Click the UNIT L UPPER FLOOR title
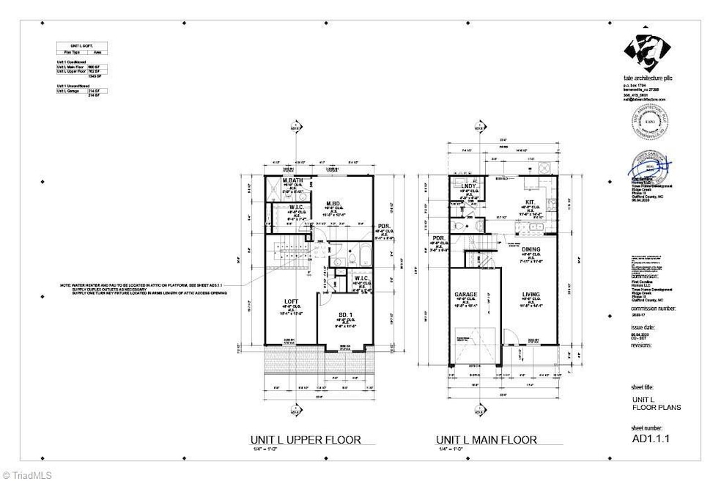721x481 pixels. (x=303, y=440)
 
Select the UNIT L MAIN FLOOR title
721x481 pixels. (x=487, y=440)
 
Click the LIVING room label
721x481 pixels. (x=531, y=295)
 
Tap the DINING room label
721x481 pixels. (x=531, y=250)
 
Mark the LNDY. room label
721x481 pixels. (x=469, y=186)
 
